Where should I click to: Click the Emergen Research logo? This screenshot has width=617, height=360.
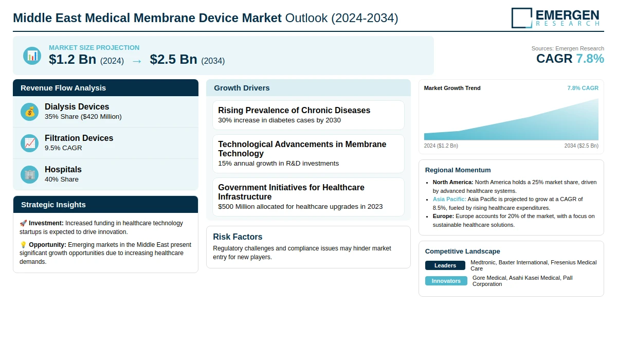pyautogui.click(x=555, y=17)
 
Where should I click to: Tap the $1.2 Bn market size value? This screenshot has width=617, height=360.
pyautogui.click(x=72, y=60)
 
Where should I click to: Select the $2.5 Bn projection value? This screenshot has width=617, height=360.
pyautogui.click(x=173, y=60)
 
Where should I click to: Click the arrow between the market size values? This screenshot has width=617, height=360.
pyautogui.click(x=137, y=61)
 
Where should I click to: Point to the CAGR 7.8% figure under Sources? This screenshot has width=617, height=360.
pyautogui.click(x=570, y=59)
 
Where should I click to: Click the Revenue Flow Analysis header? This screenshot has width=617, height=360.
pyautogui.click(x=63, y=88)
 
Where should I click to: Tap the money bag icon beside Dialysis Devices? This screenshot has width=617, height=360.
pyautogui.click(x=30, y=112)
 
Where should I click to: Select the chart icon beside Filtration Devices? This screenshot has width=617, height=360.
pyautogui.click(x=30, y=143)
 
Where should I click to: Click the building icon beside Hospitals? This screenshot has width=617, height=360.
pyautogui.click(x=30, y=174)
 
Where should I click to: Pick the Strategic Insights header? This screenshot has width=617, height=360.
pyautogui.click(x=53, y=205)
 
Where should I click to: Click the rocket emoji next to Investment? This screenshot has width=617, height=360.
pyautogui.click(x=23, y=223)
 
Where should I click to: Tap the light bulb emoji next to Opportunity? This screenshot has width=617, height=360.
pyautogui.click(x=23, y=245)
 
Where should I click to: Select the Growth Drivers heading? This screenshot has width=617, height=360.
pyautogui.click(x=242, y=88)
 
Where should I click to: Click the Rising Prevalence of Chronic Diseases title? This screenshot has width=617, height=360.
pyautogui.click(x=294, y=110)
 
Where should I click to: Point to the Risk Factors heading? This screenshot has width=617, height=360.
pyautogui.click(x=238, y=237)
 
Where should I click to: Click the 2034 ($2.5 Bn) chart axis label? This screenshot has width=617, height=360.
pyautogui.click(x=581, y=146)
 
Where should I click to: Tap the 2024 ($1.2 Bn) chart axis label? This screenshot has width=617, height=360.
pyautogui.click(x=441, y=146)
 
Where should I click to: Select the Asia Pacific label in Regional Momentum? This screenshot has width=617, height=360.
pyautogui.click(x=449, y=199)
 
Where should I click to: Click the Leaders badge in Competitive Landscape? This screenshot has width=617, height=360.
pyautogui.click(x=445, y=265)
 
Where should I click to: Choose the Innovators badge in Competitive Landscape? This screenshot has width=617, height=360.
pyautogui.click(x=446, y=281)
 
